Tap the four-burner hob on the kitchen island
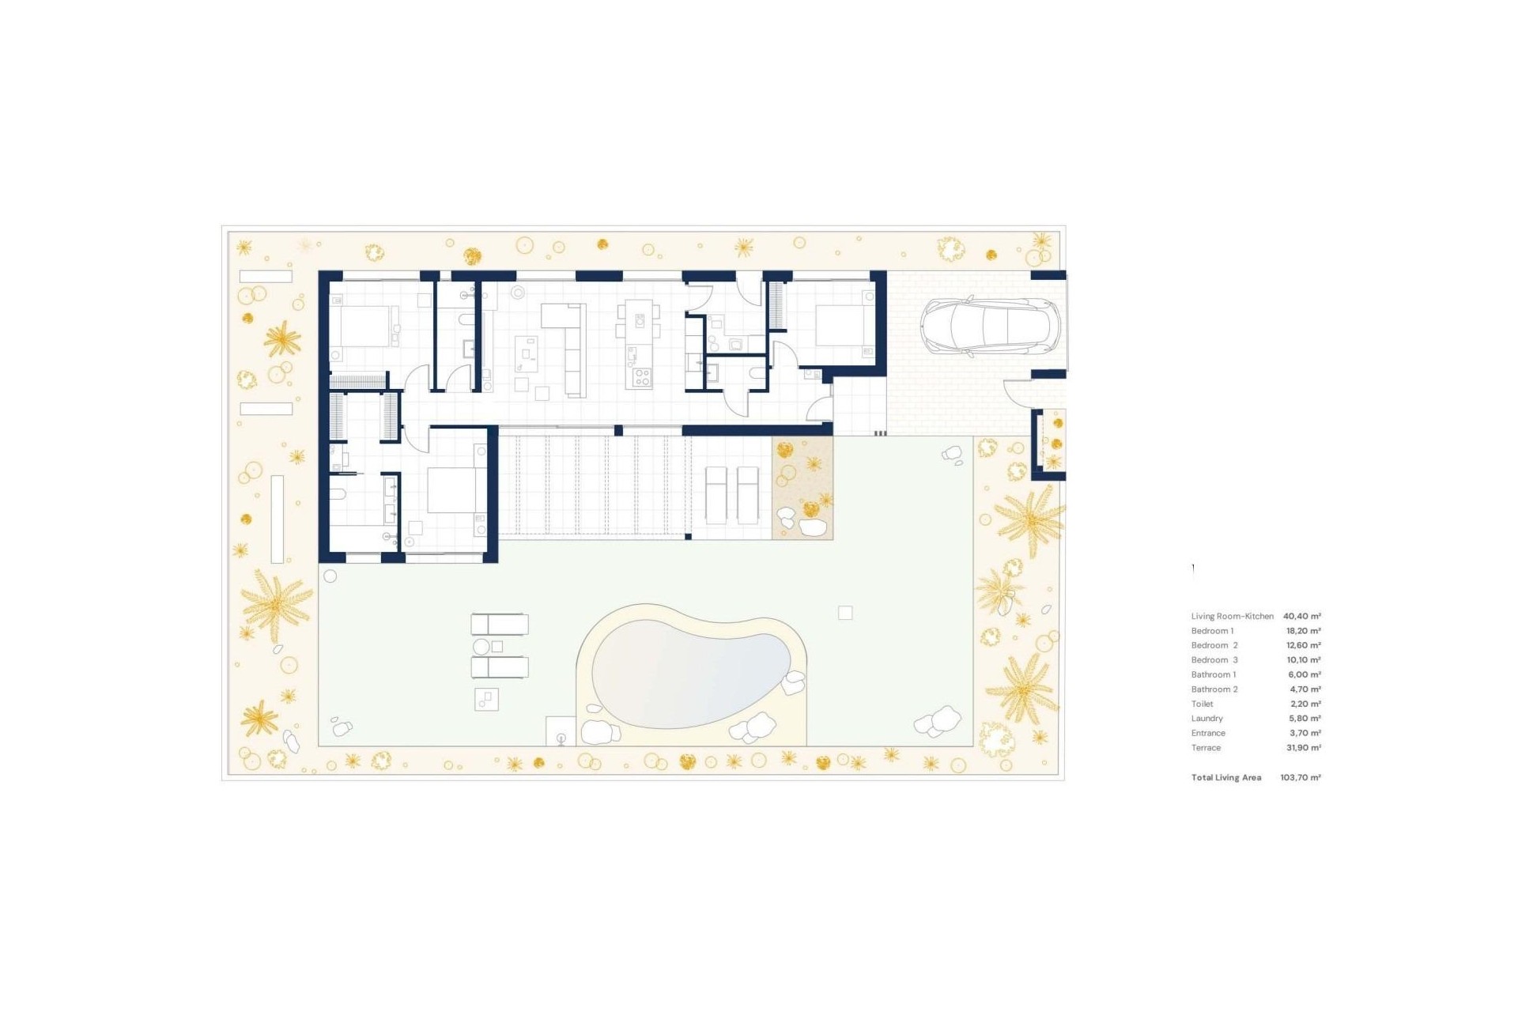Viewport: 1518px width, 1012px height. [x=641, y=377]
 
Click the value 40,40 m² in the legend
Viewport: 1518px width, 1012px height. [x=1301, y=616]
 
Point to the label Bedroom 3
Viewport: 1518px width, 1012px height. [x=1214, y=660]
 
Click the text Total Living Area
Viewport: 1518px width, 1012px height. [x=1226, y=778]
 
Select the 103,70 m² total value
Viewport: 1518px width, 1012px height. [x=1301, y=778]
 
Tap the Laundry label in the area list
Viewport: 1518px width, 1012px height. [x=1207, y=719]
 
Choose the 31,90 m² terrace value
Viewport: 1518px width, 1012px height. [x=1304, y=748]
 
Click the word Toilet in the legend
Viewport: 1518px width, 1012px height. [x=1202, y=704]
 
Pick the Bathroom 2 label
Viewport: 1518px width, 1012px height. [x=1214, y=689]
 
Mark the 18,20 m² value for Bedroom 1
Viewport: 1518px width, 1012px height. [x=1304, y=631]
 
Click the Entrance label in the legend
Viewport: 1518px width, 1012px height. [x=1208, y=733]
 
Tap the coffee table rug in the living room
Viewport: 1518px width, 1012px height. [x=527, y=353]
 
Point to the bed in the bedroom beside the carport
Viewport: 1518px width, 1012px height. [x=845, y=325]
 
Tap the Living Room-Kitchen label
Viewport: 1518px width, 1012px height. [x=1233, y=616]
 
